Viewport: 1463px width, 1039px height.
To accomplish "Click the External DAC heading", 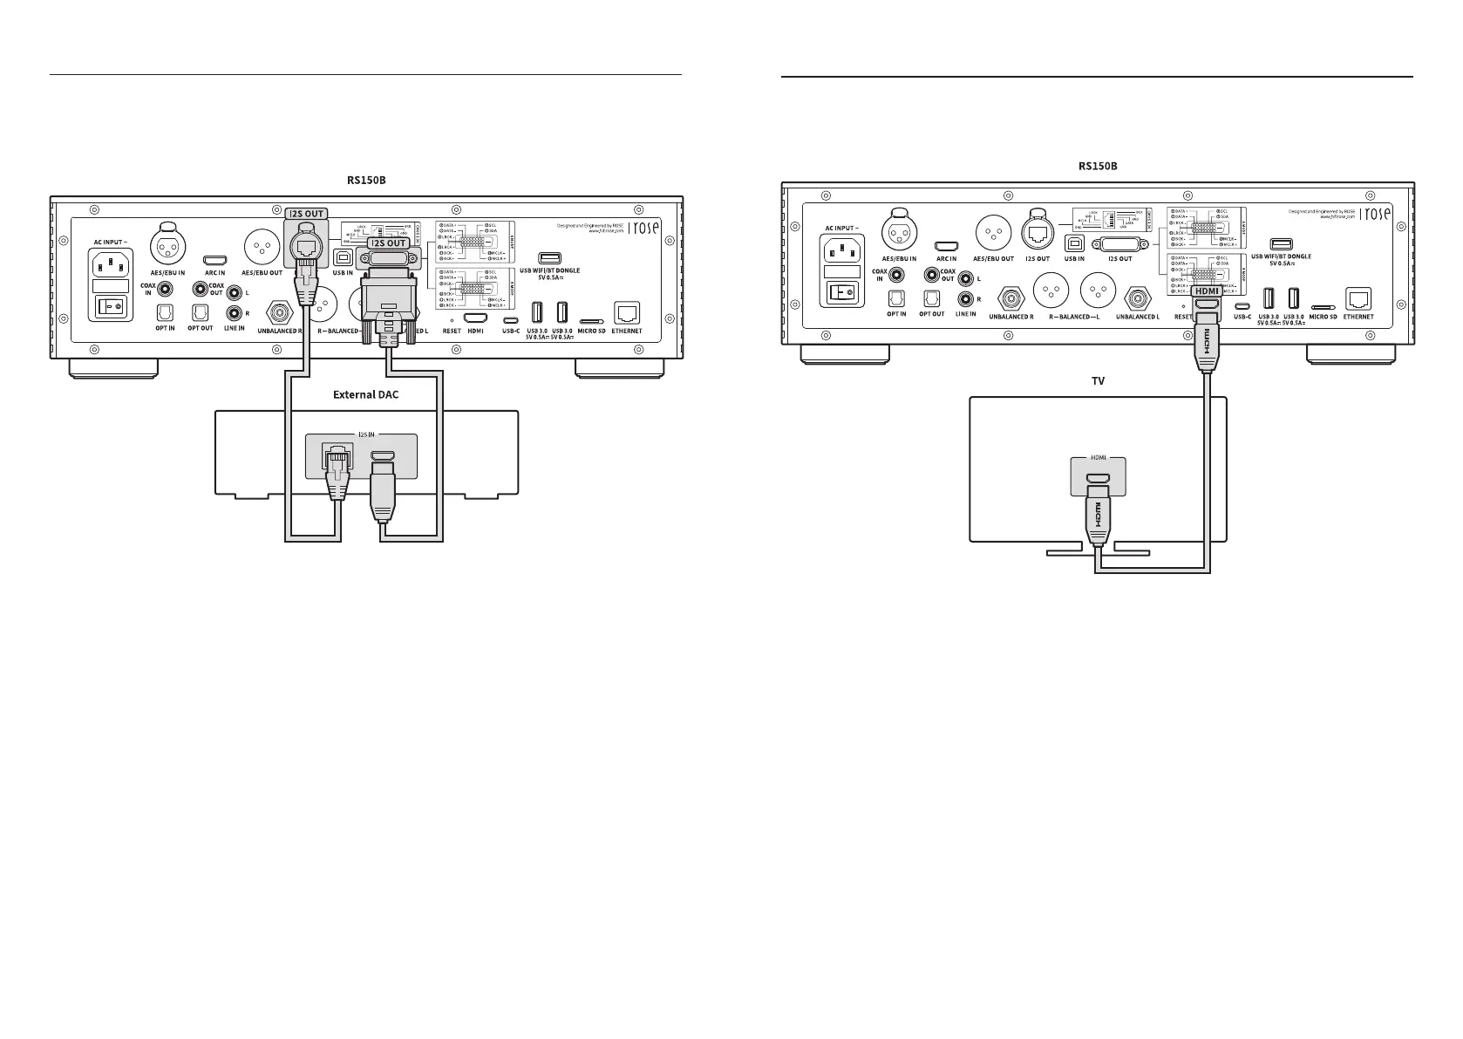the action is (x=365, y=394).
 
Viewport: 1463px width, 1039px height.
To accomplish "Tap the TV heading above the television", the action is (x=1098, y=381).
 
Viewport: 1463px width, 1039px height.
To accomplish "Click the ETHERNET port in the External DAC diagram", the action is (x=627, y=312).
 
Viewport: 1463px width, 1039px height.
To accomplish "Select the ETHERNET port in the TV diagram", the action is (x=1358, y=298).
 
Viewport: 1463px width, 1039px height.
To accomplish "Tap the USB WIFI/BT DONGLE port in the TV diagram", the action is (x=1281, y=244).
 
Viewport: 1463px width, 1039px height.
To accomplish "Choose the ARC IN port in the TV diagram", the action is (x=946, y=247).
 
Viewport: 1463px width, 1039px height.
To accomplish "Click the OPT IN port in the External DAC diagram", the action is (x=165, y=312).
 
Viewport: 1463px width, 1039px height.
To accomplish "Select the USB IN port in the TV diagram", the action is (x=1074, y=244).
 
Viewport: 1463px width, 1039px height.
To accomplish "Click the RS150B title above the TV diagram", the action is (x=1098, y=166).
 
